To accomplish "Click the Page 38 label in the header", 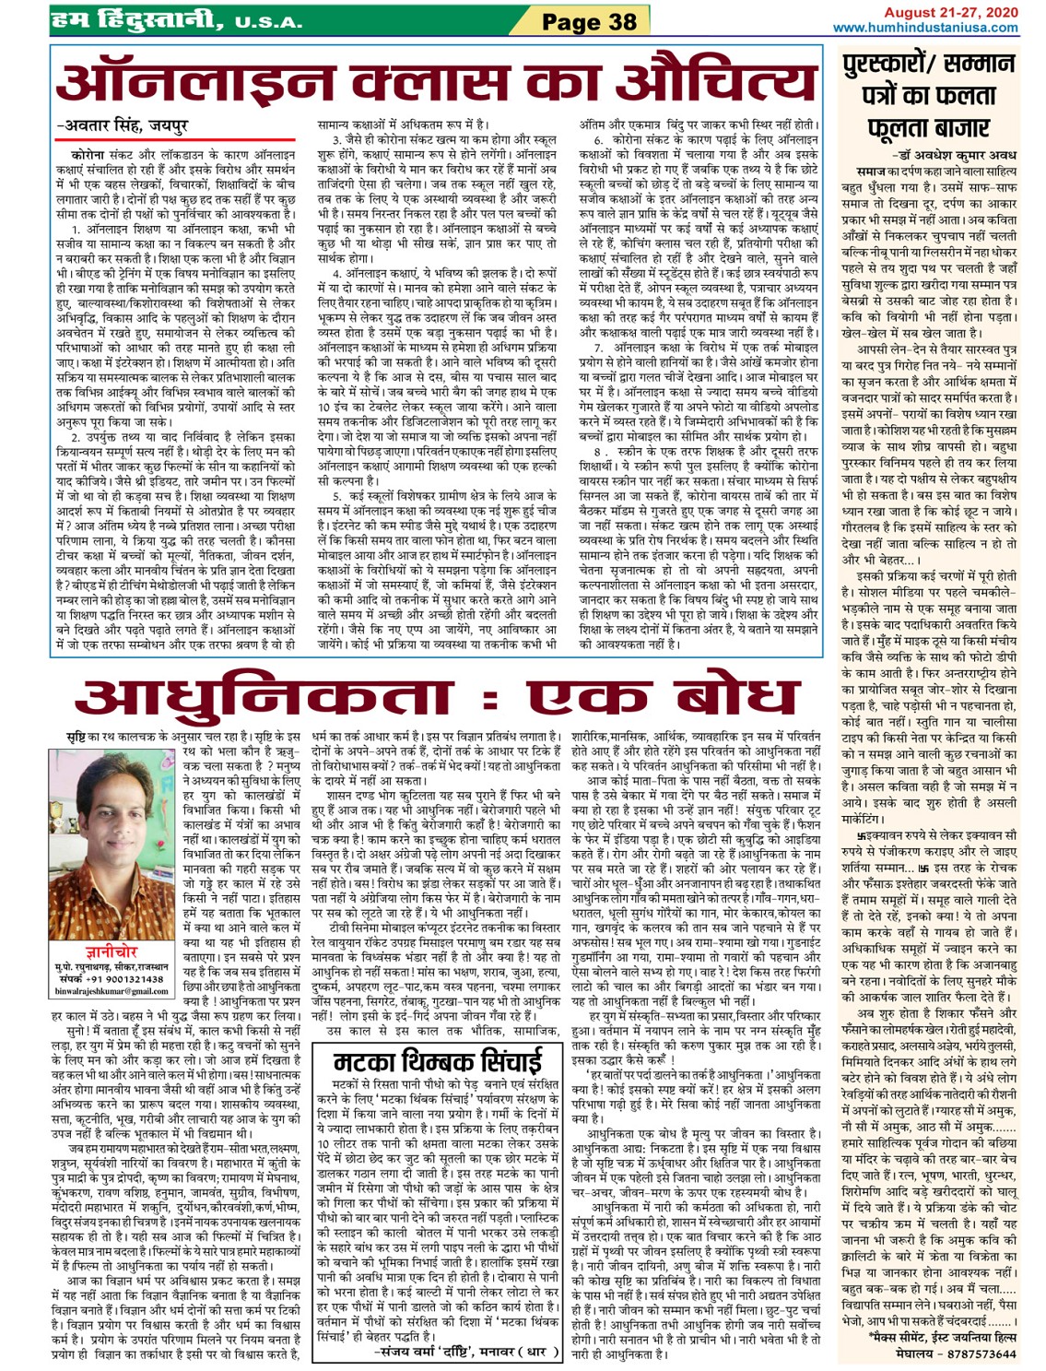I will pos(589,21).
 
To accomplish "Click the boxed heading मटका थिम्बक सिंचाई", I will pos(438,1060).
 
